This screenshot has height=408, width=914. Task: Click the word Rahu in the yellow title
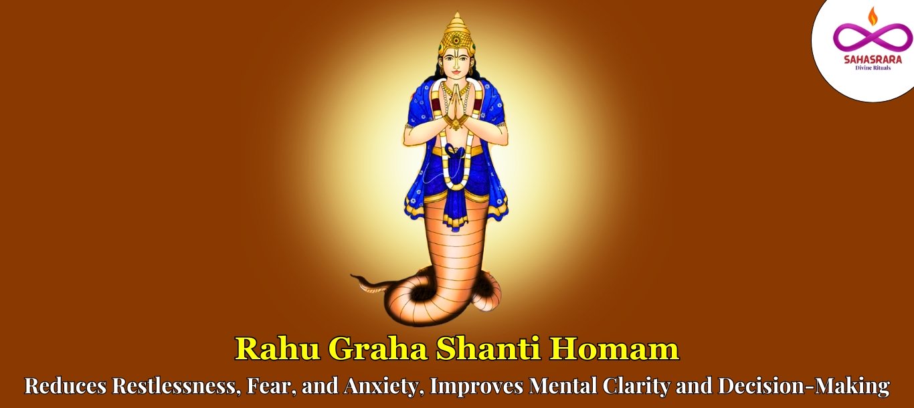(x=278, y=349)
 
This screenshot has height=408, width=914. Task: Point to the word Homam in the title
(x=616, y=349)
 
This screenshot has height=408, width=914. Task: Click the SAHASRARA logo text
(x=873, y=60)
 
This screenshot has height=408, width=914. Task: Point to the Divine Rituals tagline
(x=873, y=68)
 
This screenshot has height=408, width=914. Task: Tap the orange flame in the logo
(x=873, y=15)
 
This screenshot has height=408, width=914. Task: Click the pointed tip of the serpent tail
(x=352, y=276)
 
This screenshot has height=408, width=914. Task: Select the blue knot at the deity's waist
(x=454, y=151)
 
